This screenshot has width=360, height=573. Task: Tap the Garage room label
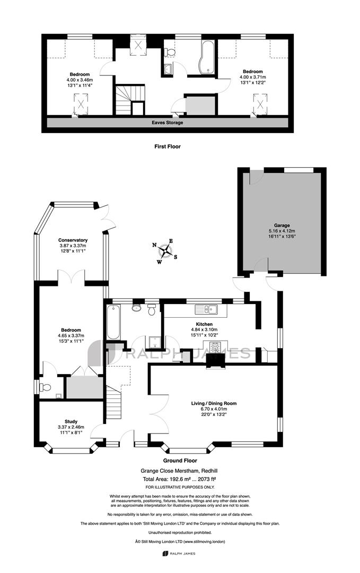point(282,225)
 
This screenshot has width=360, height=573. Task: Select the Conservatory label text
point(73,240)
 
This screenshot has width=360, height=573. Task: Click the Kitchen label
point(204,324)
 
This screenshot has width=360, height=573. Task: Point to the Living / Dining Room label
point(214,403)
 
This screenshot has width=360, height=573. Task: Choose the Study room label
point(71,421)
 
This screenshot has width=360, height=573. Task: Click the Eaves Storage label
point(167,123)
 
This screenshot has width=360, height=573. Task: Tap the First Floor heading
point(167,146)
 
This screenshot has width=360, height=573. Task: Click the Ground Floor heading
point(180,461)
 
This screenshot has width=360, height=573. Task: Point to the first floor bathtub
point(207,57)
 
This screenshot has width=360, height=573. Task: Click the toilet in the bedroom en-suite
point(46,387)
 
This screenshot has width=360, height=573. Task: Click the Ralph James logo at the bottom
point(179,553)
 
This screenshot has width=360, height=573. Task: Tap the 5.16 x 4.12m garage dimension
point(282,231)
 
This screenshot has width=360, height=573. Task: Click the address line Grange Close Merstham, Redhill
point(179,471)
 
